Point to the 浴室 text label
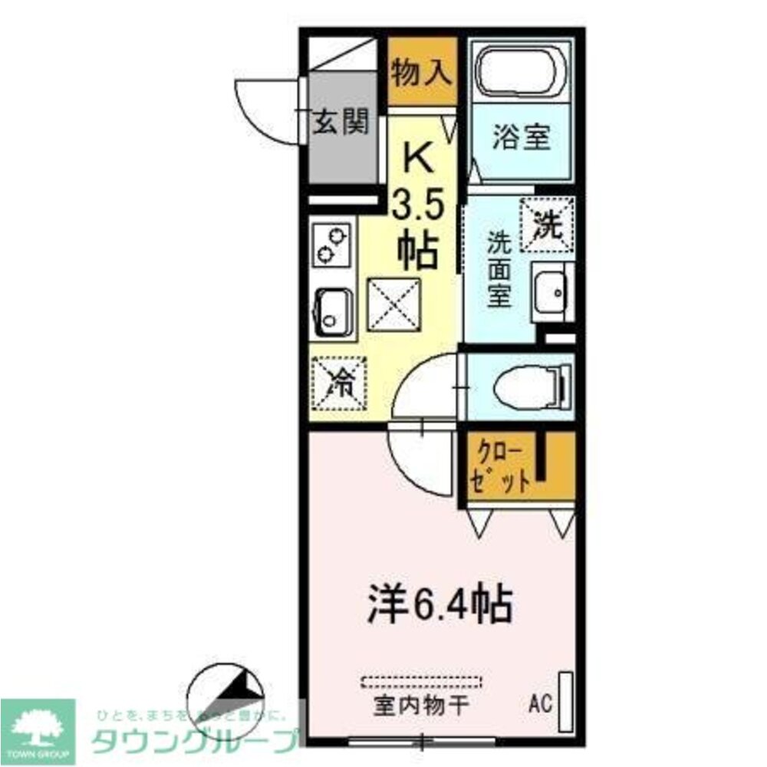(x=521, y=139)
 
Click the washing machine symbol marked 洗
(x=548, y=224)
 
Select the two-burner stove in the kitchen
(x=332, y=244)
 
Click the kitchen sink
(x=333, y=312)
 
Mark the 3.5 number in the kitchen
(x=418, y=205)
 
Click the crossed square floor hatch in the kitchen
(x=394, y=304)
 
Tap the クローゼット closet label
(x=503, y=466)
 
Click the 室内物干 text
(x=421, y=704)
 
